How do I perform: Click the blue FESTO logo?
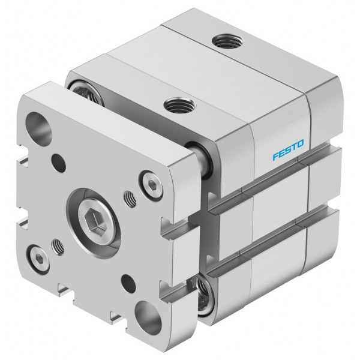288,149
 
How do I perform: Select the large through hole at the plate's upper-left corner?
38,129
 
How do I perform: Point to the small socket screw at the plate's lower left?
38,259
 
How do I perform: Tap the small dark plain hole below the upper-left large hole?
59,163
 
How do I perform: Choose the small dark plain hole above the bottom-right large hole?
128,283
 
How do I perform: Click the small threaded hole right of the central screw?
130,199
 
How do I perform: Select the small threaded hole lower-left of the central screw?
58,247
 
